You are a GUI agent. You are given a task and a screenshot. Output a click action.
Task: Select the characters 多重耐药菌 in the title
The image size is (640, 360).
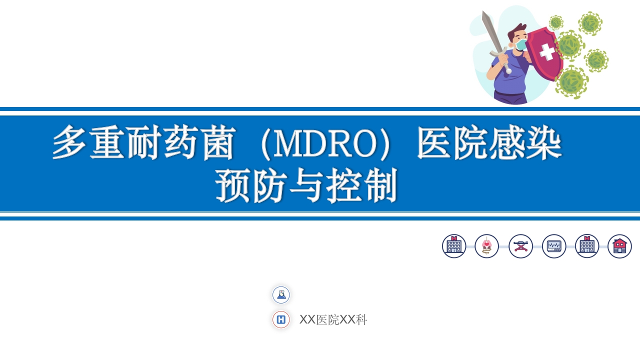click(143, 143)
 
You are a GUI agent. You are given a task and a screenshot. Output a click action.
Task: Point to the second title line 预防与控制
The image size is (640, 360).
click(306, 185)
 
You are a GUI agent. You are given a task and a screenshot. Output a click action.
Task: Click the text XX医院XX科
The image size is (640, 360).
click(333, 320)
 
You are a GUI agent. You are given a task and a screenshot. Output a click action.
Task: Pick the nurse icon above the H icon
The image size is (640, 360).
click(281, 295)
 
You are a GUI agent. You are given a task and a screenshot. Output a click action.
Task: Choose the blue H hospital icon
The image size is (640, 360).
click(281, 319)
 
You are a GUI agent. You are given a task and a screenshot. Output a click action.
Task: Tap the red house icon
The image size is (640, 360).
click(619, 246)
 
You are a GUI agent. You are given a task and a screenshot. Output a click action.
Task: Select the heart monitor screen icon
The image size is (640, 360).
click(554, 246)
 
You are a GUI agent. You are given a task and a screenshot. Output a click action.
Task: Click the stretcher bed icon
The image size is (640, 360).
click(520, 246)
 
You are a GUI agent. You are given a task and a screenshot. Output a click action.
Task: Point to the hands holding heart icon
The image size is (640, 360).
click(486, 246)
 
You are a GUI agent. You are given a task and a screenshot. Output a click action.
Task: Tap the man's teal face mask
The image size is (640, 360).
click(521, 45)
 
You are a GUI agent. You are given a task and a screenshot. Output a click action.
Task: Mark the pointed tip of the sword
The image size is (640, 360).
click(483, 12)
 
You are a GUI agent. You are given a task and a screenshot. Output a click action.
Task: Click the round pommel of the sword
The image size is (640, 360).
click(508, 71)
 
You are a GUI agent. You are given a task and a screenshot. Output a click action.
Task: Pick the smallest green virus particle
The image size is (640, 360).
click(556, 22)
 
